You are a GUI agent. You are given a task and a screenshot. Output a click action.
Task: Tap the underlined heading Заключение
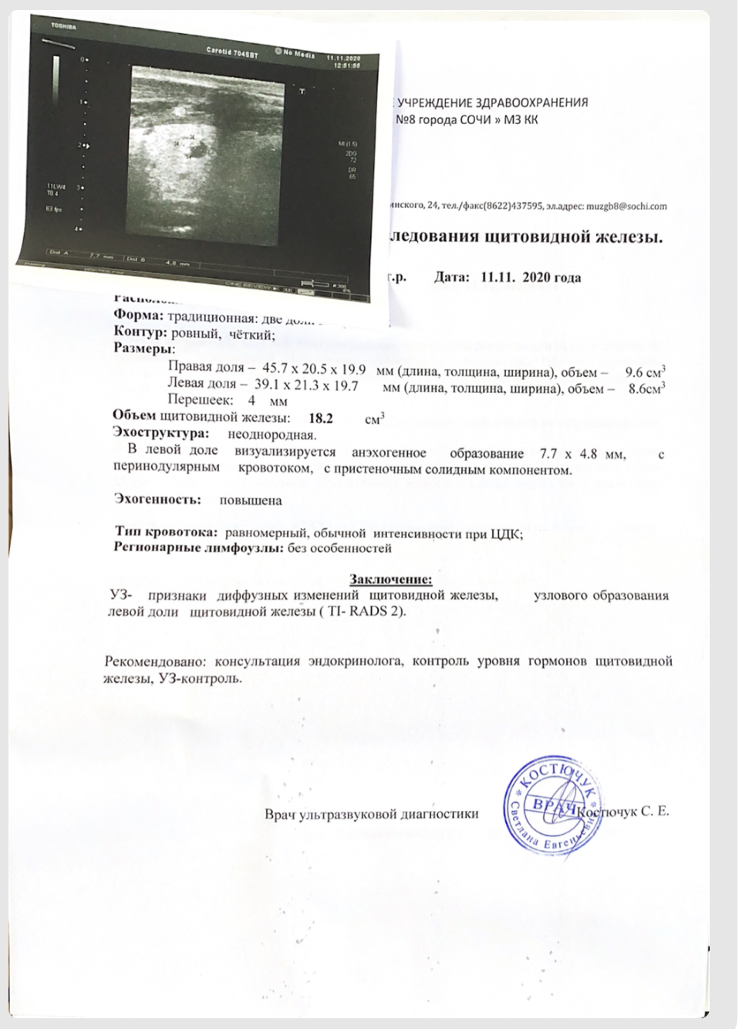(x=391, y=579)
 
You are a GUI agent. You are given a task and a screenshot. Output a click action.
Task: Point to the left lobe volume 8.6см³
(x=647, y=388)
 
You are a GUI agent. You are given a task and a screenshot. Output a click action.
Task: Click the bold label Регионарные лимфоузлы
(x=199, y=548)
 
